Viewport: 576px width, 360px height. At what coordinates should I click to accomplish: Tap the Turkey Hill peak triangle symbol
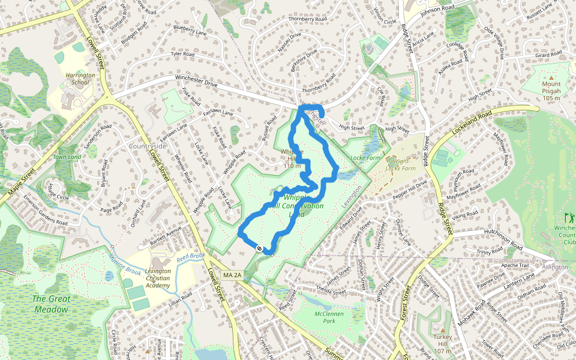(443, 330)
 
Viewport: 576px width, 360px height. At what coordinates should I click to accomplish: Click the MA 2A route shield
(231, 275)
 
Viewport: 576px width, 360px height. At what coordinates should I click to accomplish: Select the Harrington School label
(80, 79)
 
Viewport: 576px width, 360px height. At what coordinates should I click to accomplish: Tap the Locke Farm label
(366, 157)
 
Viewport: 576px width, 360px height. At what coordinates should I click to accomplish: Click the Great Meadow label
(50, 304)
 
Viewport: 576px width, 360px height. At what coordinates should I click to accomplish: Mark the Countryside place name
(147, 146)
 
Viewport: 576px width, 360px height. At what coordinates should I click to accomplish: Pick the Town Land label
(67, 157)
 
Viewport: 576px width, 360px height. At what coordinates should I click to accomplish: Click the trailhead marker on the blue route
(259, 248)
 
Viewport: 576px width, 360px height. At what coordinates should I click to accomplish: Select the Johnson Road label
(438, 10)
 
